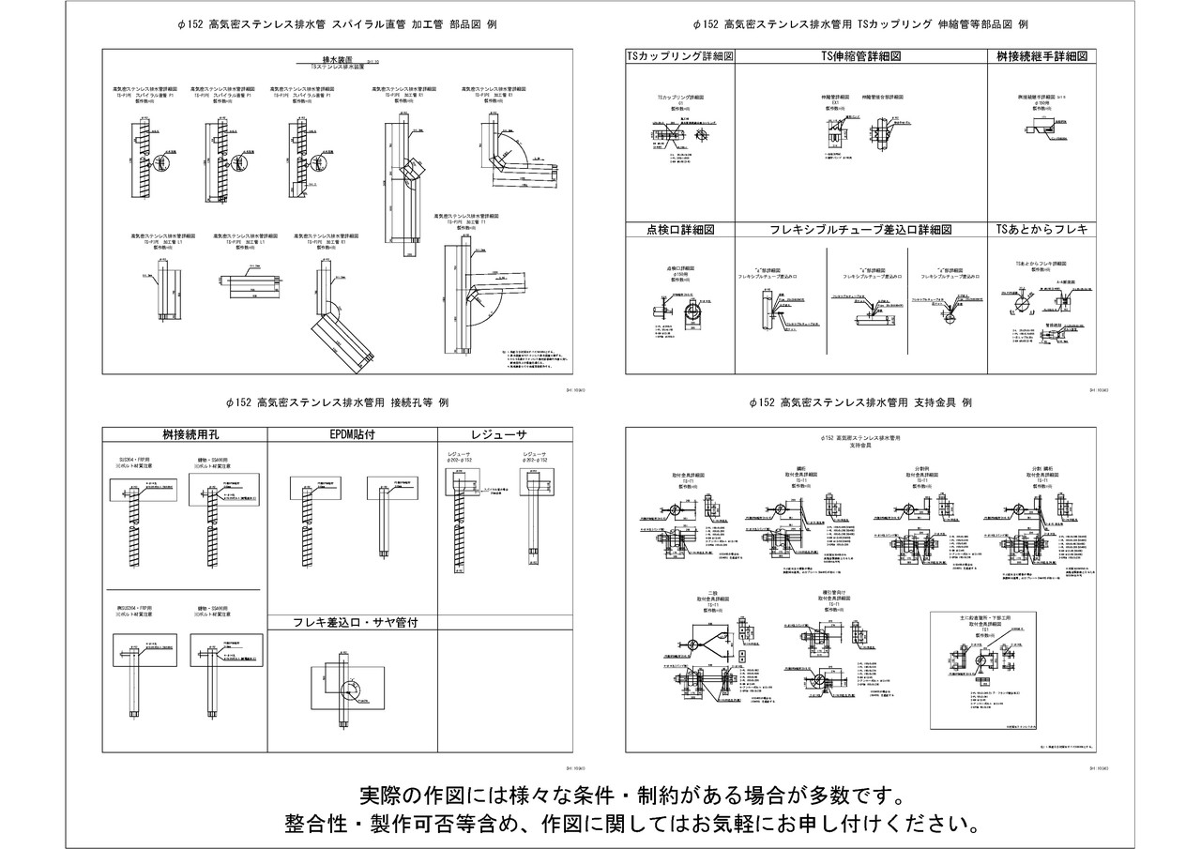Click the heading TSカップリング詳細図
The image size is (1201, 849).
679,56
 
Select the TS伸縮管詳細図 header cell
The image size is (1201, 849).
860,56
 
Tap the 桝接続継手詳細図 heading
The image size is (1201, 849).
1041,56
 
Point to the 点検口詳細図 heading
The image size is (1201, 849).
680,230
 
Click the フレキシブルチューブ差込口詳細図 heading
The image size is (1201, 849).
860,230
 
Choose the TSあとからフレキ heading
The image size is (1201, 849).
1041,230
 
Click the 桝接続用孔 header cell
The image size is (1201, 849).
183,434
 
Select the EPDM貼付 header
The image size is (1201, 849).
353,434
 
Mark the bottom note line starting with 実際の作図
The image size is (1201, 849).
632,796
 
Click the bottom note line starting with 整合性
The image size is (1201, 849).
632,825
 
